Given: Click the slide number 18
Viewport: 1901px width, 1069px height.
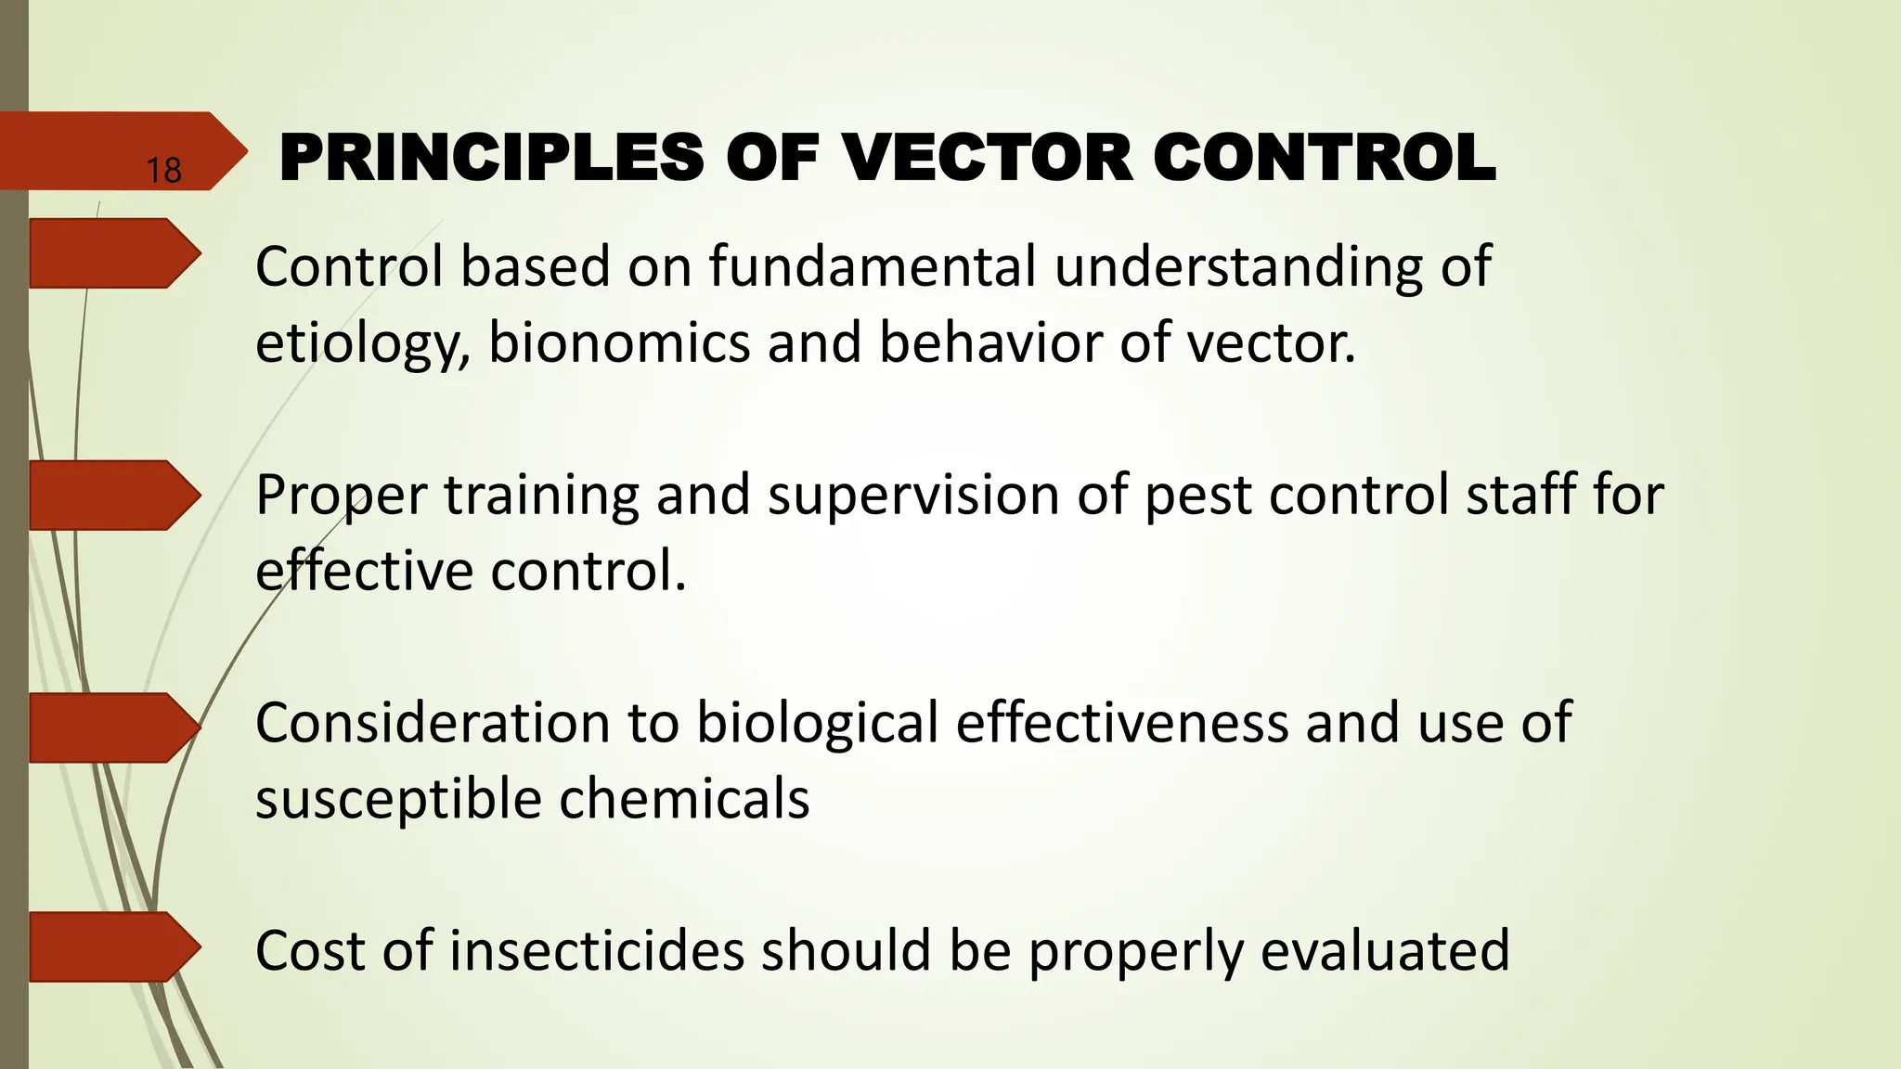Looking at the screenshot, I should [163, 171].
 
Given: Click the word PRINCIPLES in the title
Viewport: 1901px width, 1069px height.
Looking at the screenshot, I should [492, 157].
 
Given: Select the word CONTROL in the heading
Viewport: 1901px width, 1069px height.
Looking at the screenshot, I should [1325, 157].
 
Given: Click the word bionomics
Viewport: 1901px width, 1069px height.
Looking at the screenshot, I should [618, 342].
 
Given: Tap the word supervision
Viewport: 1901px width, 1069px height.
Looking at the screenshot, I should [913, 496].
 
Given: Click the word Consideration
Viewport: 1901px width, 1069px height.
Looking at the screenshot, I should [433, 723].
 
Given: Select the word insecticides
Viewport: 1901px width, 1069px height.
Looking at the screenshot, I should [597, 951].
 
